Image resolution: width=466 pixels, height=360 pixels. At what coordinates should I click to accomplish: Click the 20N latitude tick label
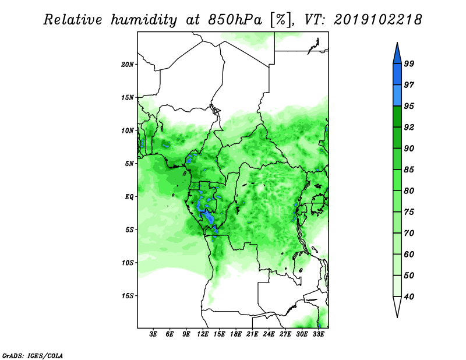128,64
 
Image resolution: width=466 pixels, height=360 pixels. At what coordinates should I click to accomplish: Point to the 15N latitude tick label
128,97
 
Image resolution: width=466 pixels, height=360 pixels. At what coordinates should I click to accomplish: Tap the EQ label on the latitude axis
129,197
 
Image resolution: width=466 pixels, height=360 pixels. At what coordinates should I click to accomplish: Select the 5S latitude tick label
129,230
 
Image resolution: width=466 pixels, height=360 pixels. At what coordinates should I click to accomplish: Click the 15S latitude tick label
128,296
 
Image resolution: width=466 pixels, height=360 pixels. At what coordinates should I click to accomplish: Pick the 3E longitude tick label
154,335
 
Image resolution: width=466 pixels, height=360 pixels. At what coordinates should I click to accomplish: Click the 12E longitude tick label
203,335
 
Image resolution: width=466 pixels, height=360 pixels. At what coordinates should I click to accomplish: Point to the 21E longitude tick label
253,335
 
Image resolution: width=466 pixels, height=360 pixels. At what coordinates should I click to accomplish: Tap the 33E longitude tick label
319,335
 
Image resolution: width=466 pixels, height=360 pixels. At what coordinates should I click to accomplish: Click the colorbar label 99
409,63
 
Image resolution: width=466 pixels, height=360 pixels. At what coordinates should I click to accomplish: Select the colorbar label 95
409,106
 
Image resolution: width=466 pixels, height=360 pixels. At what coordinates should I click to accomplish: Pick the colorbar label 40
409,297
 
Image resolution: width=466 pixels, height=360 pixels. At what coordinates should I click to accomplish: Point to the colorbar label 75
409,212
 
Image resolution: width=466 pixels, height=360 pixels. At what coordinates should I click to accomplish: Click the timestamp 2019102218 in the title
377,20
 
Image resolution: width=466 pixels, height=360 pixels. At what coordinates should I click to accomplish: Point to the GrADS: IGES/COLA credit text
32,354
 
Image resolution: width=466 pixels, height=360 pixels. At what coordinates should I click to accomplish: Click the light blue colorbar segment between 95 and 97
397,95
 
